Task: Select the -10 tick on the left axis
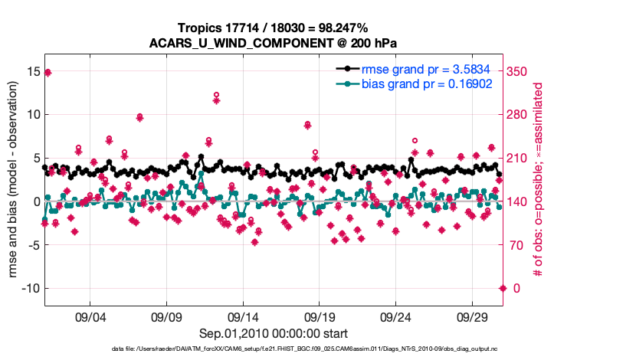(28, 288)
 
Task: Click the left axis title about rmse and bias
(14, 182)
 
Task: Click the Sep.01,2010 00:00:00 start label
(274, 334)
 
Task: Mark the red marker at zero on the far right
(503, 288)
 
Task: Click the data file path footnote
(317, 350)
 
